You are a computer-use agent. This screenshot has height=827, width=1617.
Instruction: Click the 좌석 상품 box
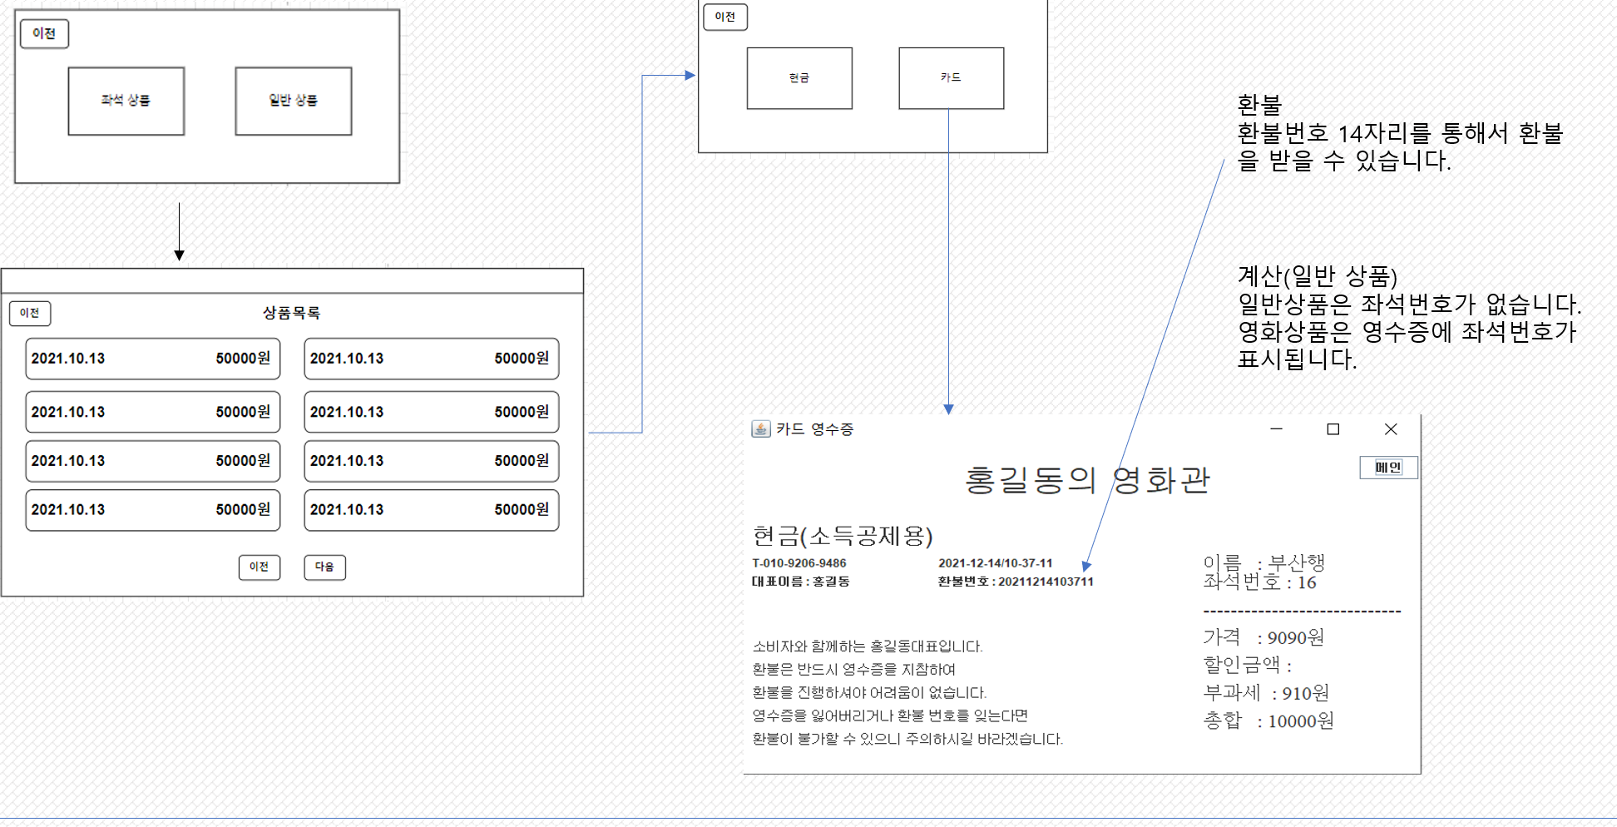(x=126, y=101)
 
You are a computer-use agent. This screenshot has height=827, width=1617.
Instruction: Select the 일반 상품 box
(x=294, y=101)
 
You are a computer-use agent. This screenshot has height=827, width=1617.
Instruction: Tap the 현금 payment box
(x=799, y=78)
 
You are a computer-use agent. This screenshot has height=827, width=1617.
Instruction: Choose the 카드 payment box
(x=951, y=78)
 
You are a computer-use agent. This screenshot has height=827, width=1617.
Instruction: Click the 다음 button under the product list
(x=324, y=567)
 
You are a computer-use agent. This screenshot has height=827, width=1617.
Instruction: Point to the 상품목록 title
(x=291, y=313)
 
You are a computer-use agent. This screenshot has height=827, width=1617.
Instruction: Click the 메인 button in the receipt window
(x=1388, y=468)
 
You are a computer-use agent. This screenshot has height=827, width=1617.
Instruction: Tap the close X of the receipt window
(x=1391, y=429)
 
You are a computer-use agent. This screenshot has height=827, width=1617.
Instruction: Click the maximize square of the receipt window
(x=1333, y=429)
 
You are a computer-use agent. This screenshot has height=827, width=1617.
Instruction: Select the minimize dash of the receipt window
(x=1277, y=429)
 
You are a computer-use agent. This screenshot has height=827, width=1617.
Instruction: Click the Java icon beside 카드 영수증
(x=760, y=429)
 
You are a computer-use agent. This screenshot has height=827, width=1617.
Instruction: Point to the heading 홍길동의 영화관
(x=1086, y=480)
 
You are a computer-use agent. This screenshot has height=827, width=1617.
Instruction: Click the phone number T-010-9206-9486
(x=799, y=563)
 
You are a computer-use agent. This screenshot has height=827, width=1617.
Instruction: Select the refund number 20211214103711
(x=1046, y=582)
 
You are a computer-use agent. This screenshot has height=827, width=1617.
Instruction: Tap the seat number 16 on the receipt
(x=1307, y=582)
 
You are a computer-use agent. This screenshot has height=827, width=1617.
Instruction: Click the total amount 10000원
(x=1301, y=721)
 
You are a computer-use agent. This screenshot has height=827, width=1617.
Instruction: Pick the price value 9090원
(x=1295, y=638)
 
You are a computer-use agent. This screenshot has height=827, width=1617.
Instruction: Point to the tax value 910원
(x=1305, y=693)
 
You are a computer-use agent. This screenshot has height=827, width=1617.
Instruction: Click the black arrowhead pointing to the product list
(x=179, y=255)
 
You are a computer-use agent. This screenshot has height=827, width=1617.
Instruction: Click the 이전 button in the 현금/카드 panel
(x=725, y=17)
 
